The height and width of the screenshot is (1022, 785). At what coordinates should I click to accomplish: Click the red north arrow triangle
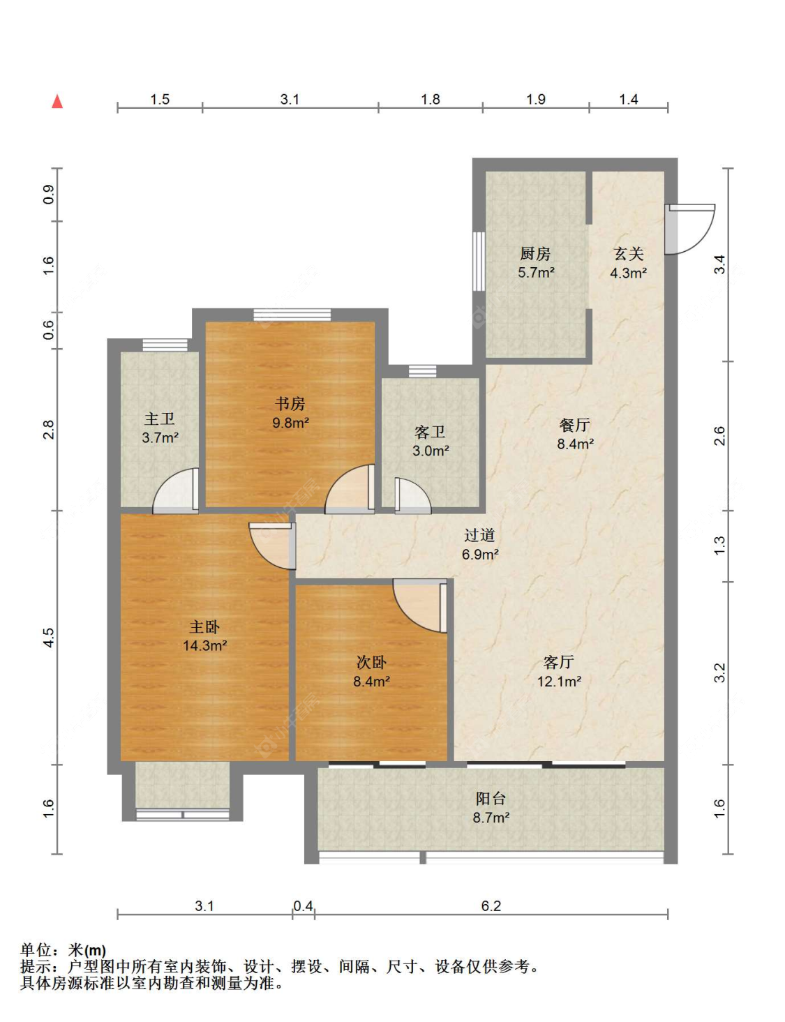(57, 101)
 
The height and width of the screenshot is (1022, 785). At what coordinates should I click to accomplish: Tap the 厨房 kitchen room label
(535, 254)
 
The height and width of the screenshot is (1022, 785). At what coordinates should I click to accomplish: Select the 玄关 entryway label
(629, 254)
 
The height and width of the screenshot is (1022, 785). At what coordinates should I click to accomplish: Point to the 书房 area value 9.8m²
(291, 422)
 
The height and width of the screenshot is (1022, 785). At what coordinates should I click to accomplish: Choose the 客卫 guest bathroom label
(430, 431)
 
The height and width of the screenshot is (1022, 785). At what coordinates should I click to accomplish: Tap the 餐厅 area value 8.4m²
(575, 444)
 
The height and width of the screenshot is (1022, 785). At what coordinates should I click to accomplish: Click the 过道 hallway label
(479, 535)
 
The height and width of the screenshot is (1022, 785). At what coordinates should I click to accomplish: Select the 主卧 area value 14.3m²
(205, 645)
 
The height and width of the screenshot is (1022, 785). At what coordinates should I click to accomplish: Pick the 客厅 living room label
(559, 662)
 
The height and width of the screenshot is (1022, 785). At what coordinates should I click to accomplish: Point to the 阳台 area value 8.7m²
(491, 818)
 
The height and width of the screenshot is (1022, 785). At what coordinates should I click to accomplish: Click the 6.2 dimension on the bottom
(491, 905)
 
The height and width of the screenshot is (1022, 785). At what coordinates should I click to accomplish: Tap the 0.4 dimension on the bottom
(304, 905)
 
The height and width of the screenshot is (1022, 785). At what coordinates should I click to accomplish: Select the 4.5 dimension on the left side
(49, 638)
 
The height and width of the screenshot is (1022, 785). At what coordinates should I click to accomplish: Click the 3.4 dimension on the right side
(719, 264)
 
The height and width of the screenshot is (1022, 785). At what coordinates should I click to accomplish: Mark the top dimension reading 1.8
(431, 99)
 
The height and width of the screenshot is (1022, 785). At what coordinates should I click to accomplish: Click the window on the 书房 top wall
(292, 315)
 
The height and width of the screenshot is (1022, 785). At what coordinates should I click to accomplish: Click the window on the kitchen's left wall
(479, 261)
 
